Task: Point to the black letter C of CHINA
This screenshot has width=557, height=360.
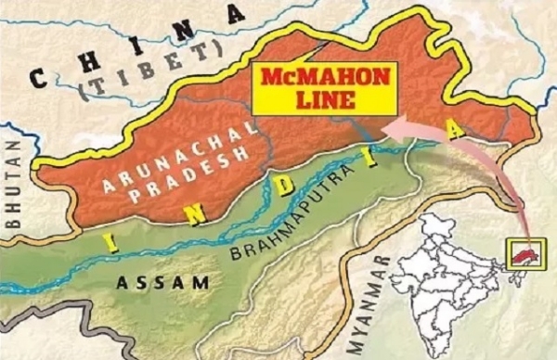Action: (40, 77)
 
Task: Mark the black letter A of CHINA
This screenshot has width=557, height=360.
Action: (240, 14)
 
